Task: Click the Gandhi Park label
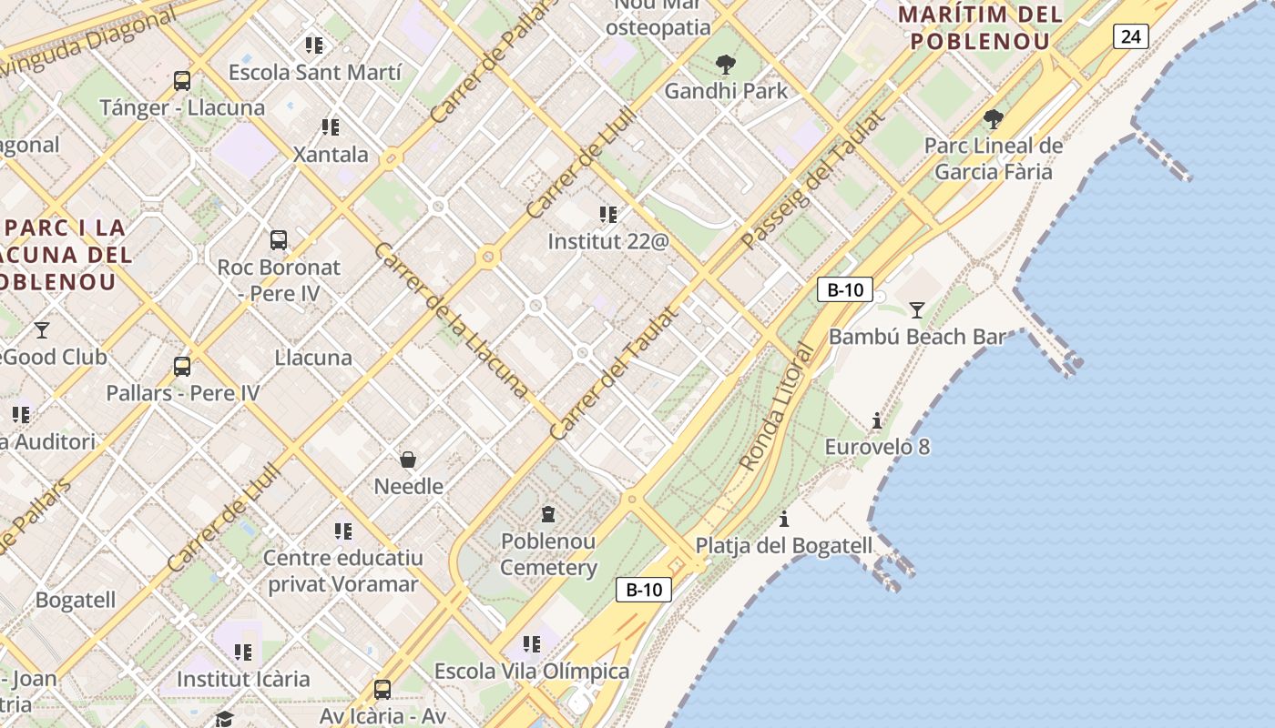click(x=726, y=91)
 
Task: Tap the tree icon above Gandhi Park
click(x=726, y=65)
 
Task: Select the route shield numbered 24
click(x=1130, y=36)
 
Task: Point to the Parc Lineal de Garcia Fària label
click(x=994, y=158)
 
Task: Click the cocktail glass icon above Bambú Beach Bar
click(x=917, y=310)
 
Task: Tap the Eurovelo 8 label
click(x=877, y=447)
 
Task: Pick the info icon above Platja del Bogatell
click(x=784, y=520)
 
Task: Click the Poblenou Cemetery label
click(x=548, y=554)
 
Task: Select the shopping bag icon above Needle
click(x=408, y=460)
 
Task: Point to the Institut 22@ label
click(x=608, y=241)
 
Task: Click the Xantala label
click(x=331, y=154)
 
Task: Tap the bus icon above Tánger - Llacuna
click(x=182, y=81)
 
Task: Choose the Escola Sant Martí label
click(x=315, y=72)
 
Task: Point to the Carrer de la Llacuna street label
click(x=451, y=319)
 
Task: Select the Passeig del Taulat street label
click(x=812, y=180)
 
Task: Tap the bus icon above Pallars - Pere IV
click(x=182, y=367)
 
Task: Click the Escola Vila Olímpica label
click(x=532, y=672)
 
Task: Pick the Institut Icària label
click(x=243, y=679)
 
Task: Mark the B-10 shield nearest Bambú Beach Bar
click(x=845, y=290)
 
